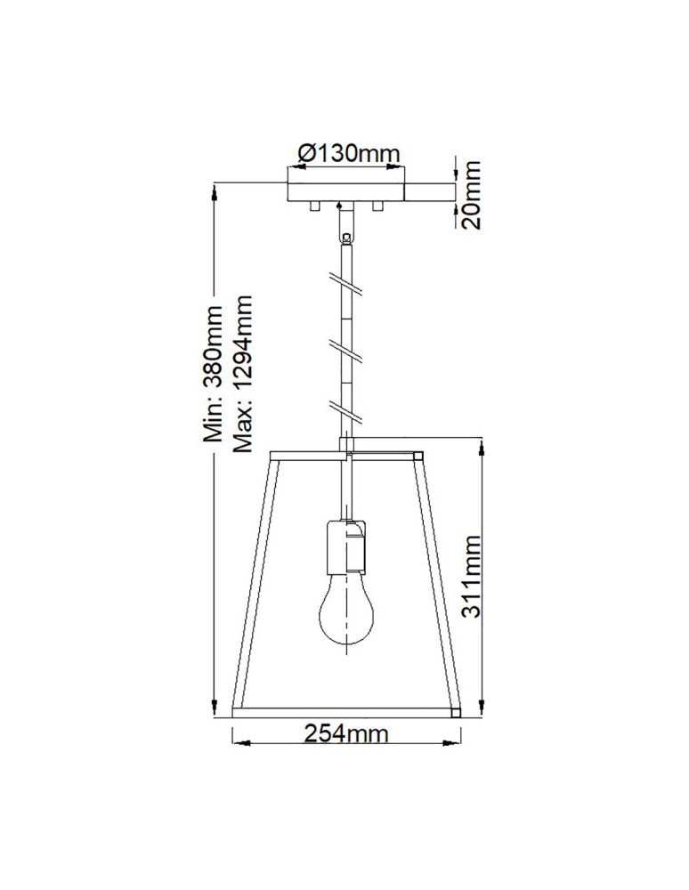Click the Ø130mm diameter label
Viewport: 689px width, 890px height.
pyautogui.click(x=347, y=153)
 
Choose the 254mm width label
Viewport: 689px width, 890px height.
pyautogui.click(x=346, y=735)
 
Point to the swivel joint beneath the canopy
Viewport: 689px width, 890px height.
pyautogui.click(x=345, y=235)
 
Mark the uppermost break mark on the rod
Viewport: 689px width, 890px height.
pyautogui.click(x=346, y=284)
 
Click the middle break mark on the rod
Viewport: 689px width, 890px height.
pyautogui.click(x=346, y=348)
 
